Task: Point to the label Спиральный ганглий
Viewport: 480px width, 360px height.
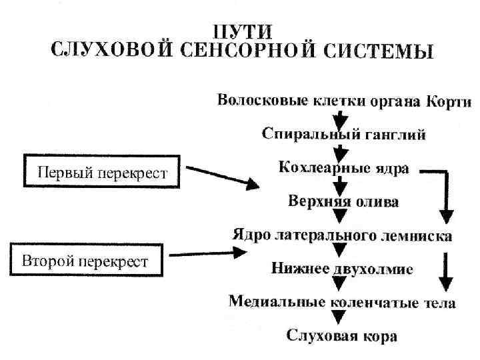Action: pyautogui.click(x=343, y=135)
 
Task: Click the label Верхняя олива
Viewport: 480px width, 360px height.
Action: pyautogui.click(x=343, y=200)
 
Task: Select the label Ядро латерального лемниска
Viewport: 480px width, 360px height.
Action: pyautogui.click(x=342, y=235)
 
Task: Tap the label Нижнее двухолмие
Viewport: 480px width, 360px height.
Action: pyautogui.click(x=342, y=269)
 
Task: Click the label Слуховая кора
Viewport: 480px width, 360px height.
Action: pyautogui.click(x=342, y=335)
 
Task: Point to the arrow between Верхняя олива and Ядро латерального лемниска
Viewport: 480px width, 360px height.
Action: pyautogui.click(x=341, y=217)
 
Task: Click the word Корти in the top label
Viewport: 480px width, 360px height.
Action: pyautogui.click(x=448, y=102)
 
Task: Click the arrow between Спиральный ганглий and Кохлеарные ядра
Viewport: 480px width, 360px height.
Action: pyautogui.click(x=341, y=151)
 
